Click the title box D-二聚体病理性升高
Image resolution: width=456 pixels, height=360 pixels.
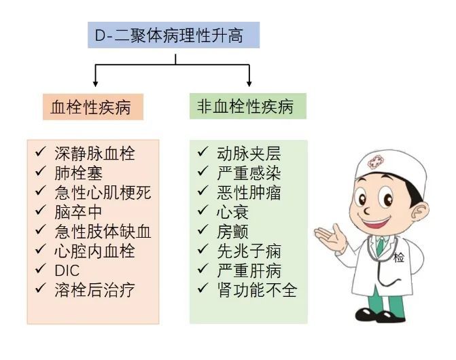click(173, 35)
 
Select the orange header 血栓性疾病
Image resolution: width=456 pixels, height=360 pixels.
click(93, 107)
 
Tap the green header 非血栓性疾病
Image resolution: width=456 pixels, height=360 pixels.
click(248, 106)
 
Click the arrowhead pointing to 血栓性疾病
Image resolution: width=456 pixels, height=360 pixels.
click(95, 84)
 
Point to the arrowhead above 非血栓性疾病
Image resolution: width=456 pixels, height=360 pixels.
click(249, 84)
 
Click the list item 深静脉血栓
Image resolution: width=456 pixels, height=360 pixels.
click(94, 154)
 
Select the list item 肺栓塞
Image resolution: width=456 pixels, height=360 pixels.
click(79, 173)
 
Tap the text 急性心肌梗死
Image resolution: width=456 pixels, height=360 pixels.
click(103, 193)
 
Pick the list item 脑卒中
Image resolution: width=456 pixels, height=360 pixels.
click(78, 212)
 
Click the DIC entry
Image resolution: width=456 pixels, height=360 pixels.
click(67, 271)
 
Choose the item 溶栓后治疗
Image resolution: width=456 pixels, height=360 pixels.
click(94, 290)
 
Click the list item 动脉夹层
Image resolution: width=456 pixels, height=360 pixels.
click(249, 154)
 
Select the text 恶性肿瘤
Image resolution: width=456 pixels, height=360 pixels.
click(249, 193)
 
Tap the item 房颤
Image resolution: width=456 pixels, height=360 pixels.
click(232, 232)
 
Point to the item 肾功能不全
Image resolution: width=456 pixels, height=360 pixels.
click(257, 290)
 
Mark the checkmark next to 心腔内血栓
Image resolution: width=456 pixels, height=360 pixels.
click(40, 249)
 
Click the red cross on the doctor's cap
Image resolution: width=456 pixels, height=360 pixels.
click(375, 162)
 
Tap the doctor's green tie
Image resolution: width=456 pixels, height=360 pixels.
click(380, 249)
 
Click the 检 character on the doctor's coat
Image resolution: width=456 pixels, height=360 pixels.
click(399, 257)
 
